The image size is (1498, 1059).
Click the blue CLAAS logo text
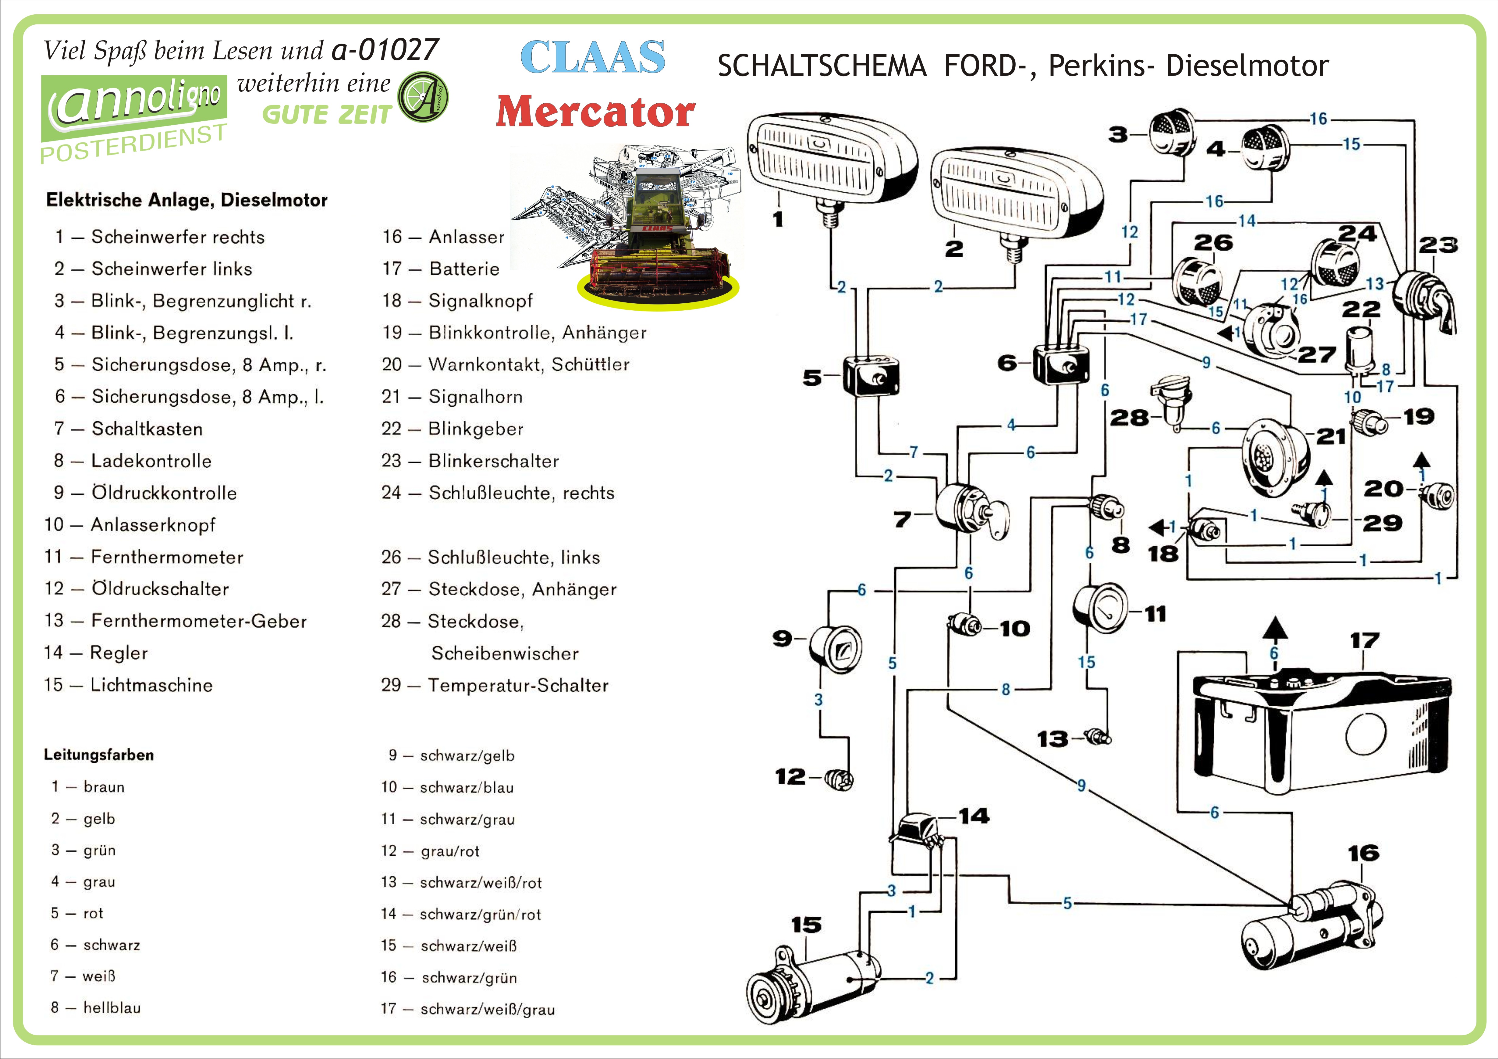(592, 57)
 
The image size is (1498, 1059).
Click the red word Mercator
(595, 112)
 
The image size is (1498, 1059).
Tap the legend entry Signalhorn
(475, 397)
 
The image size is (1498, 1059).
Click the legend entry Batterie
(464, 269)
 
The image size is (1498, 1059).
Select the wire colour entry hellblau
(112, 1008)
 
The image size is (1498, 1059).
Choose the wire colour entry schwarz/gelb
(467, 756)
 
